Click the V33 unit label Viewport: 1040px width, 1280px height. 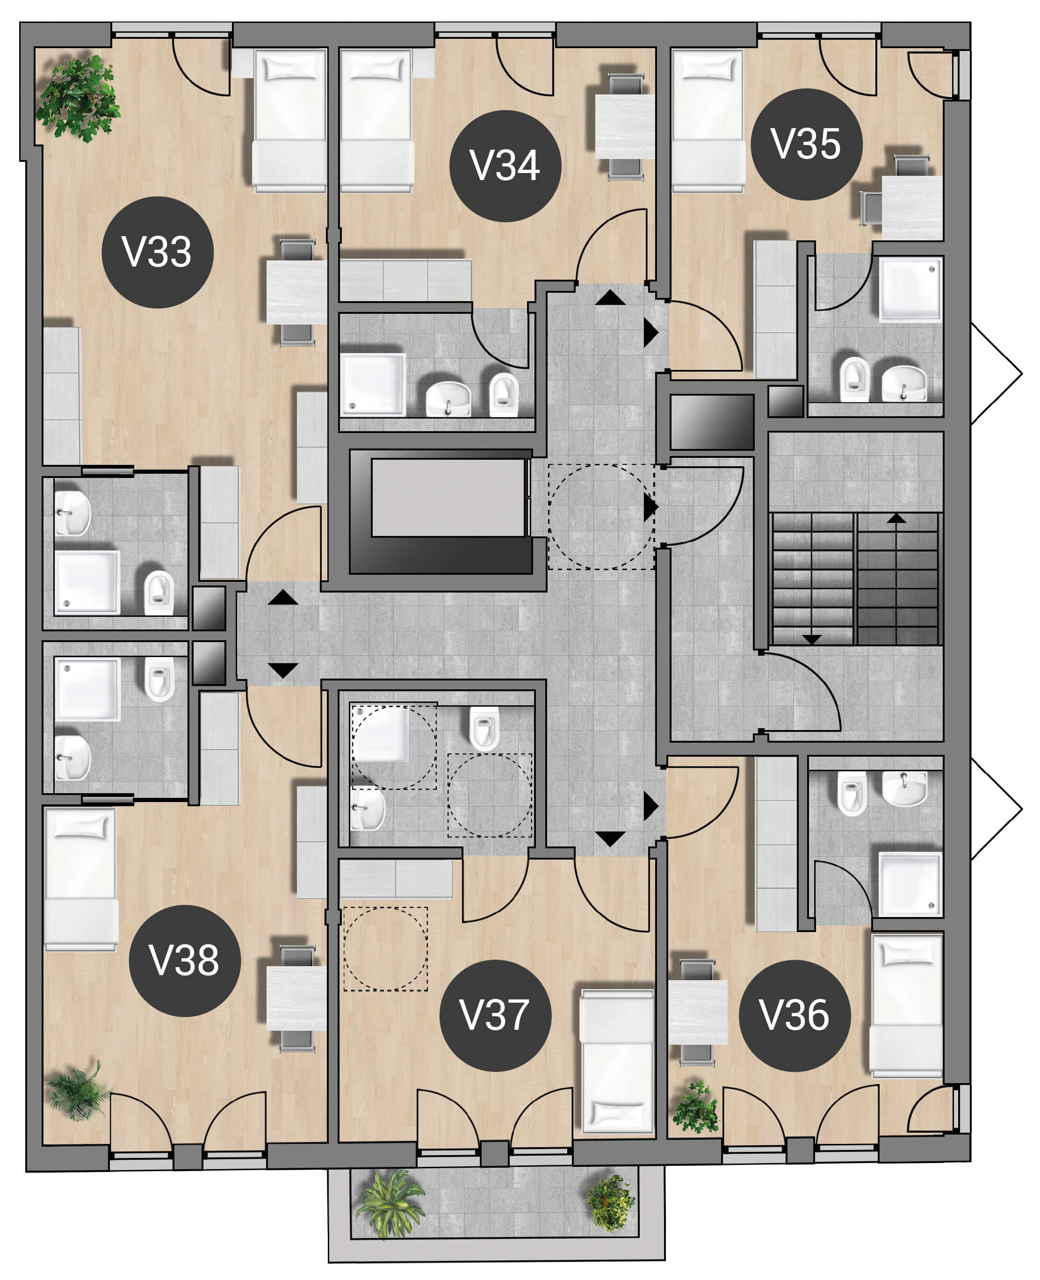158,252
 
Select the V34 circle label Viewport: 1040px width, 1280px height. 505,166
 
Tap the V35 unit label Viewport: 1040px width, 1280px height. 806,145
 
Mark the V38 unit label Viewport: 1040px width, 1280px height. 185,961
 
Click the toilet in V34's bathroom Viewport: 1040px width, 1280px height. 504,394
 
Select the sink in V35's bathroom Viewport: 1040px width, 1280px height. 904,383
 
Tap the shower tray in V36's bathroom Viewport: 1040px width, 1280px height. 910,884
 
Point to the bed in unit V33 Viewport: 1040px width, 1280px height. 290,120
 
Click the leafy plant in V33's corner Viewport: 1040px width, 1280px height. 78,98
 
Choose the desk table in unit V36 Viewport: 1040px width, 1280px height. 698,1012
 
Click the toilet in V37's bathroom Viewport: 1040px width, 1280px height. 484,728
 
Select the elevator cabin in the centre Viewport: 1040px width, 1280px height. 448,497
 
